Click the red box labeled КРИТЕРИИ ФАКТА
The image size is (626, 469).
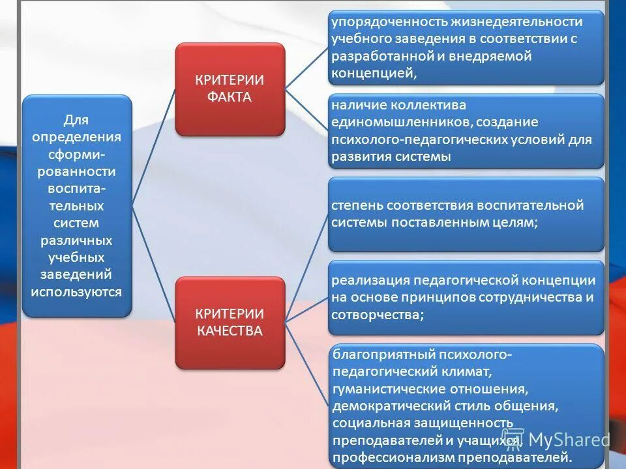click(x=230, y=89)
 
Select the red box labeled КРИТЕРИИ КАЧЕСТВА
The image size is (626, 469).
click(x=230, y=322)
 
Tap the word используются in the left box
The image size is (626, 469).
click(x=76, y=291)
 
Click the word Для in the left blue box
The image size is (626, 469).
click(x=76, y=121)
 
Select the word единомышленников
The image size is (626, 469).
click(x=401, y=122)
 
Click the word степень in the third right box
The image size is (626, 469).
click(x=357, y=205)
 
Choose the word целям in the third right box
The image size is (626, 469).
click(x=518, y=222)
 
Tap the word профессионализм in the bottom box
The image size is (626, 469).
click(x=384, y=457)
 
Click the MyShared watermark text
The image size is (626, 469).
click(x=568, y=439)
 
